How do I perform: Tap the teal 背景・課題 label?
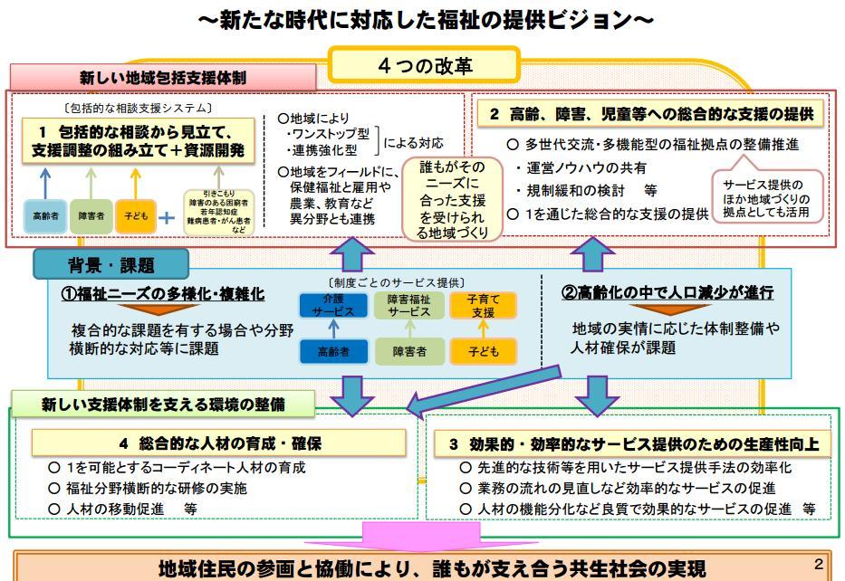pyautogui.click(x=111, y=265)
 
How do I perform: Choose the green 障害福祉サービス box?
pyautogui.click(x=409, y=305)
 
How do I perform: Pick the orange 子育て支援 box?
pyautogui.click(x=483, y=305)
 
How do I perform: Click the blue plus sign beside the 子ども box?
pyautogui.click(x=167, y=217)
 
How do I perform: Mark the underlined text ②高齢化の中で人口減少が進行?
pyautogui.click(x=668, y=293)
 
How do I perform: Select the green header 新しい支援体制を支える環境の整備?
pyautogui.click(x=163, y=405)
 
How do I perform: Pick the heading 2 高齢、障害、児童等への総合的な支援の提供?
pyautogui.click(x=650, y=115)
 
